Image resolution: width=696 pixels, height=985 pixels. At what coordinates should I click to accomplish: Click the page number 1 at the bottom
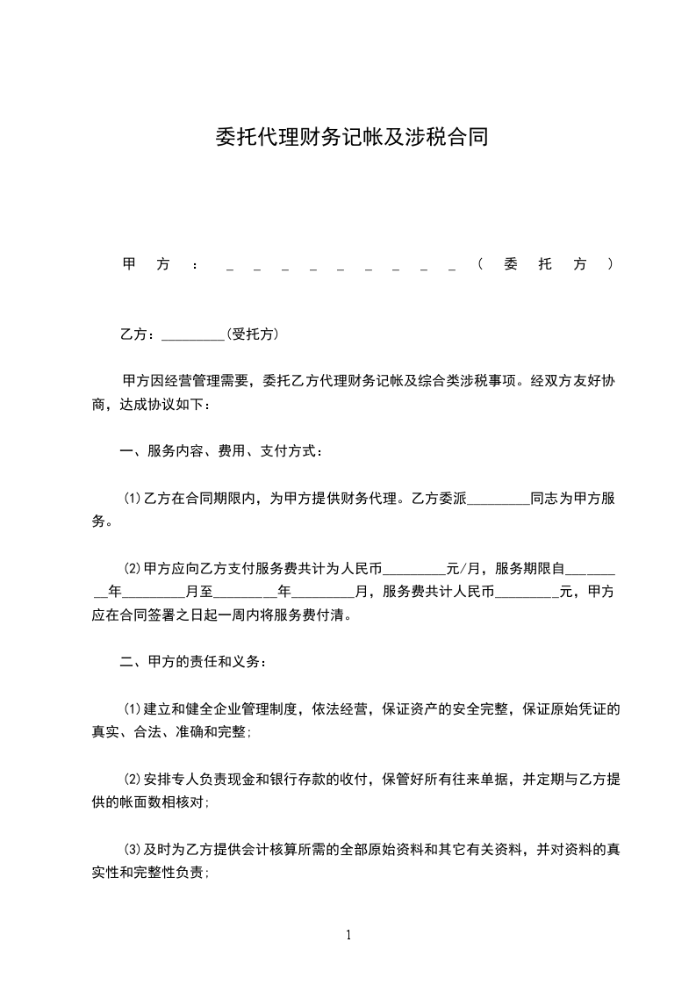tap(348, 934)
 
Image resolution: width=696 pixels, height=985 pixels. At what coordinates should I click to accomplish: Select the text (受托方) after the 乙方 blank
tap(252, 334)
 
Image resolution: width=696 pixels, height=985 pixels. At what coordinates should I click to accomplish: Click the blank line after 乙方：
tap(194, 336)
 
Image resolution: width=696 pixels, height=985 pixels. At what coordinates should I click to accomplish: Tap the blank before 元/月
tap(415, 568)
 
